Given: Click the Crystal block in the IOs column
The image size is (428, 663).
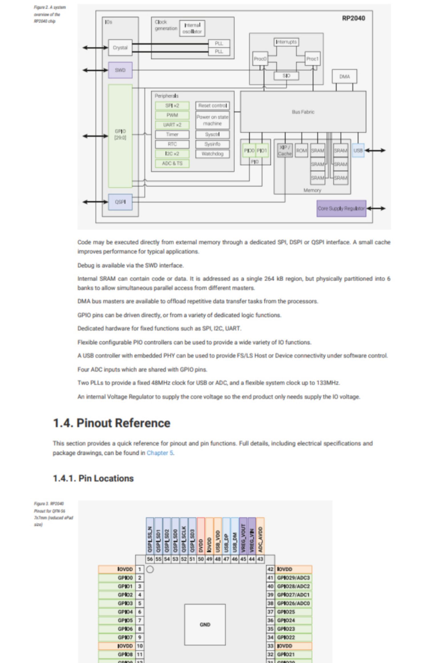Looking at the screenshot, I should (120, 48).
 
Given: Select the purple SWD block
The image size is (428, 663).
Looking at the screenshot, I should (120, 70).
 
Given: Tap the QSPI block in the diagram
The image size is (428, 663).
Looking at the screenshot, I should (120, 202).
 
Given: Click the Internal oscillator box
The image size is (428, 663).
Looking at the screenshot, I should (192, 28).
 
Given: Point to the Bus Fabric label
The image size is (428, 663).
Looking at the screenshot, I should (303, 112).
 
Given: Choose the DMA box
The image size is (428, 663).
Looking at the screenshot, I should (344, 77).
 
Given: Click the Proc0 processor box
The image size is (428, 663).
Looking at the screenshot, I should (260, 59).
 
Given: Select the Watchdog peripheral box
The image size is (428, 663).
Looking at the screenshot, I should (212, 154).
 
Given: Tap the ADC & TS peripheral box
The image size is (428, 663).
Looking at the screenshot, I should (172, 163).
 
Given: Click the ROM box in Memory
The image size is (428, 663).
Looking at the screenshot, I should (301, 150).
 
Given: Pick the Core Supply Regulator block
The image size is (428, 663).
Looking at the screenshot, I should (341, 208).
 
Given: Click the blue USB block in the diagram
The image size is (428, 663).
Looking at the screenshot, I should (358, 150).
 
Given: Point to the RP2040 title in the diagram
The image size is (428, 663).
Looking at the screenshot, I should (353, 18).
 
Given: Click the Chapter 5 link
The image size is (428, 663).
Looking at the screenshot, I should (160, 453).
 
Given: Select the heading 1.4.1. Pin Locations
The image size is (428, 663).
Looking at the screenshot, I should (93, 479).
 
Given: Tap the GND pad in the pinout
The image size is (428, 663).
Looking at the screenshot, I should (205, 624).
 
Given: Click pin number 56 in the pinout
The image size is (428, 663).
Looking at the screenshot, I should (150, 559).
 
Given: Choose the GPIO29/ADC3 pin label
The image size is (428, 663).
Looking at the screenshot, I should (293, 578).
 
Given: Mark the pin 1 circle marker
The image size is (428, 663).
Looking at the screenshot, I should (150, 569).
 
